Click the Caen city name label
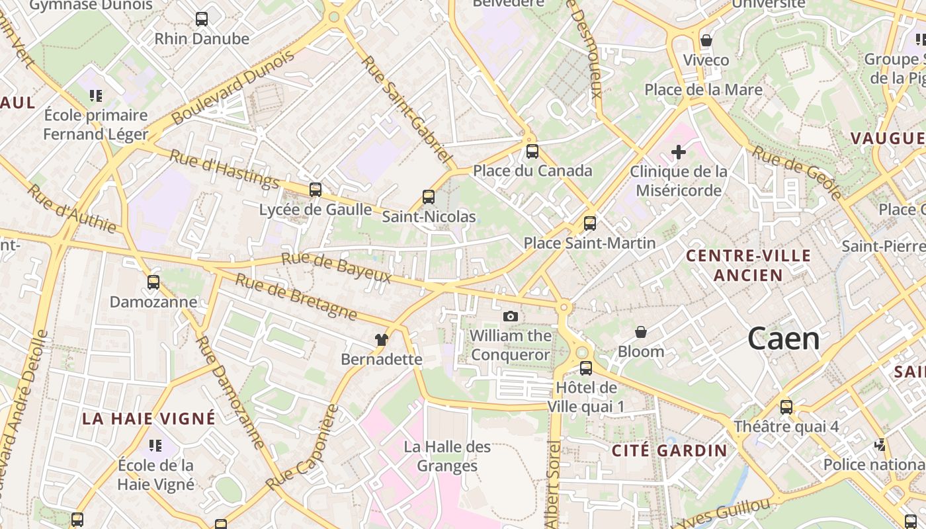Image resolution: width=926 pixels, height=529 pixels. pyautogui.click(x=784, y=339)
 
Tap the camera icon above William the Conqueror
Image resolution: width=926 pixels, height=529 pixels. pyautogui.click(x=510, y=317)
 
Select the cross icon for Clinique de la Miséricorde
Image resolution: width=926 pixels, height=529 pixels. pyautogui.click(x=678, y=153)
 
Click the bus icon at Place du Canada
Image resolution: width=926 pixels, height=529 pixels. pyautogui.click(x=532, y=151)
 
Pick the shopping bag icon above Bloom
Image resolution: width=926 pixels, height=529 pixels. pyautogui.click(x=640, y=332)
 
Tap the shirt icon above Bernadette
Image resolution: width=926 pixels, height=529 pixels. pyautogui.click(x=382, y=340)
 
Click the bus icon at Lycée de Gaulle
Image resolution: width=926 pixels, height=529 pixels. pyautogui.click(x=316, y=190)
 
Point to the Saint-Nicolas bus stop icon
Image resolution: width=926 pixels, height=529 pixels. pyautogui.click(x=429, y=196)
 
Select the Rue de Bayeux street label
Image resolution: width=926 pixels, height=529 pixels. pyautogui.click(x=337, y=268)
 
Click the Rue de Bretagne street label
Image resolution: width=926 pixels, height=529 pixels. pyautogui.click(x=296, y=296)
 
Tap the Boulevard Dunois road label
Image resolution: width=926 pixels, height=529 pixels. pyautogui.click(x=233, y=88)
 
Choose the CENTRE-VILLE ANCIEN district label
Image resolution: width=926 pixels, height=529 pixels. pyautogui.click(x=748, y=265)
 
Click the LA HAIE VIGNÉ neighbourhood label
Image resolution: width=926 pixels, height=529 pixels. pyautogui.click(x=149, y=419)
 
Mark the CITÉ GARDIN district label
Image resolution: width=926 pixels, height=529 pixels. pyautogui.click(x=669, y=451)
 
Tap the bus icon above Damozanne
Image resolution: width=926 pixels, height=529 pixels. pyautogui.click(x=153, y=282)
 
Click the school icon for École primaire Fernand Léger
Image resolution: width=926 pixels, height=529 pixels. pyautogui.click(x=96, y=96)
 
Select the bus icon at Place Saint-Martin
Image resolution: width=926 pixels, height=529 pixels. pyautogui.click(x=590, y=224)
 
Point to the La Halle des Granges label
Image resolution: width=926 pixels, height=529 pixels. pyautogui.click(x=448, y=456)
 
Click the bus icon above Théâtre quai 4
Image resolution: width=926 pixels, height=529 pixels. pyautogui.click(x=786, y=407)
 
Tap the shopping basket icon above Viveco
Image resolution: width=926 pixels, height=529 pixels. pyautogui.click(x=706, y=40)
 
